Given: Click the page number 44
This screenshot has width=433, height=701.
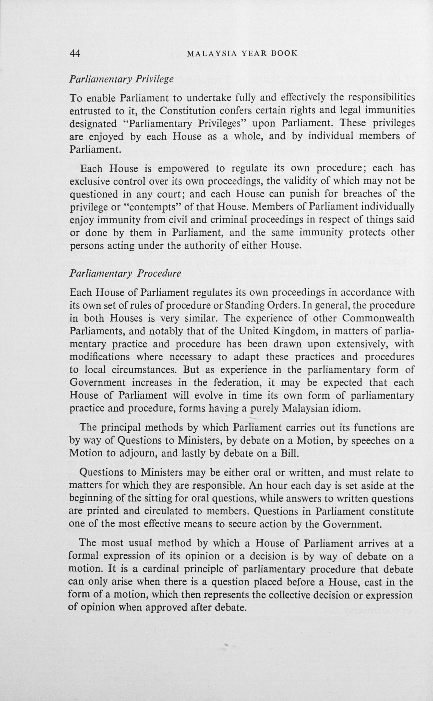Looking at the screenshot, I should point(75,53).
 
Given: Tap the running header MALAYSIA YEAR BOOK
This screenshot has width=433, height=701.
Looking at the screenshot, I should point(242,54).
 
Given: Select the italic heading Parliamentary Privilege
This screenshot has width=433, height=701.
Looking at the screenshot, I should point(122,79).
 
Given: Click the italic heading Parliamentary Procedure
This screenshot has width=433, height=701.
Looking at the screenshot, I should point(125,274).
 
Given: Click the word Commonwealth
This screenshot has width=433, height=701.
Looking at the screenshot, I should point(378,318).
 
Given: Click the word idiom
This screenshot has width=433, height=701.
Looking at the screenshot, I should point(345,408).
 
